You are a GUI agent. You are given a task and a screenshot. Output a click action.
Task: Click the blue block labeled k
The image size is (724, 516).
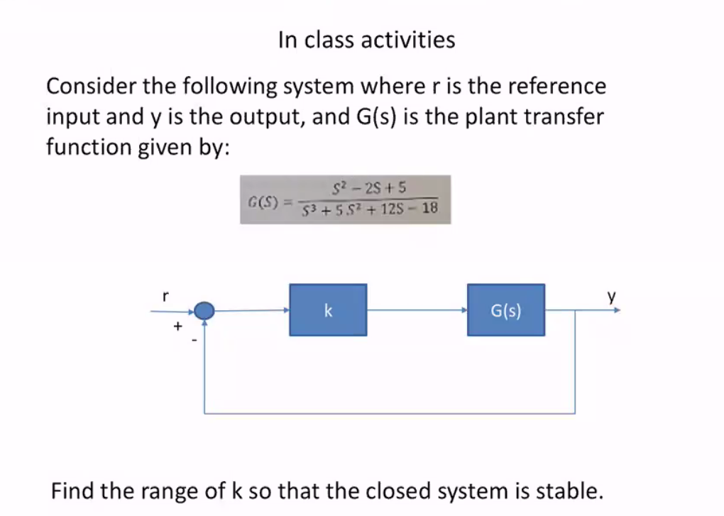(x=328, y=310)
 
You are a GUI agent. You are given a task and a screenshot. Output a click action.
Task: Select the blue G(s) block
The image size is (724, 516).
(x=506, y=310)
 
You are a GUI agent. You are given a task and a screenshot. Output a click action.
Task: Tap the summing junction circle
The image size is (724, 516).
(x=204, y=310)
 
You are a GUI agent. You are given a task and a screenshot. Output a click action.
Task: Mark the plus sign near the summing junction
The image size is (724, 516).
(x=178, y=326)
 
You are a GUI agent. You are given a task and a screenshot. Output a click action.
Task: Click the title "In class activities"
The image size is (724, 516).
(x=366, y=39)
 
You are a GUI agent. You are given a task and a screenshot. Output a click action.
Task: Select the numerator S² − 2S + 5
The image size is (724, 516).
(x=369, y=188)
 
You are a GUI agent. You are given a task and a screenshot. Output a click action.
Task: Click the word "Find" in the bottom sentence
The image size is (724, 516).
(x=72, y=490)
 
